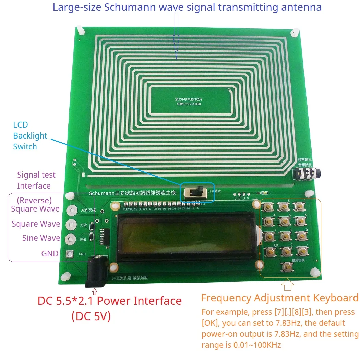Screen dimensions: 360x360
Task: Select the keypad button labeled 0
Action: coord(286,252)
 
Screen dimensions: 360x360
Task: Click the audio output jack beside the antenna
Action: coord(302,174)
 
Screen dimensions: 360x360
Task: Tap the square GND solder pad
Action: coord(70,254)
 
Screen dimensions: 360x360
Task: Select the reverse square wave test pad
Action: coord(71,210)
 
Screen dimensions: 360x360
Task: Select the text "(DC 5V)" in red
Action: coord(91,316)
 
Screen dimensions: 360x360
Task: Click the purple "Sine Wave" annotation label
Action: coord(41,238)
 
